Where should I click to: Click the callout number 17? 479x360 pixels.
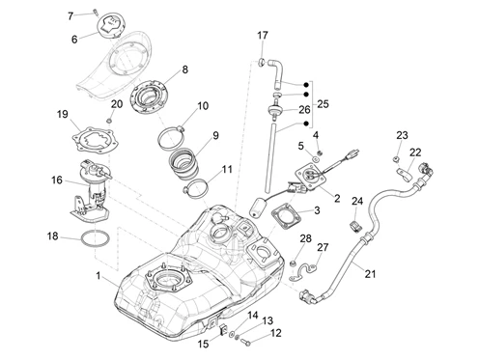tap(263, 36)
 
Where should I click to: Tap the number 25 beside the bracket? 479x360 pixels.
tap(323, 104)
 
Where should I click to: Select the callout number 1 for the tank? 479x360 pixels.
tap(99, 276)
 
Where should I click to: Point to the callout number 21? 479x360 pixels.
tap(370, 274)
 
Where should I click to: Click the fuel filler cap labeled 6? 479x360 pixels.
tap(110, 25)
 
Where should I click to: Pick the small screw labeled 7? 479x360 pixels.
tap(95, 13)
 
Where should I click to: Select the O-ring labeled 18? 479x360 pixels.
tap(96, 238)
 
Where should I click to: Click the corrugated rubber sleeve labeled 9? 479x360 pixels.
tap(183, 164)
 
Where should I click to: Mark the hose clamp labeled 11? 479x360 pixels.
tap(196, 189)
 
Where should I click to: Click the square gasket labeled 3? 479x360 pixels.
tap(286, 218)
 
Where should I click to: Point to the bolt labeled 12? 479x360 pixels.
tap(247, 342)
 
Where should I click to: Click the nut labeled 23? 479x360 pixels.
tap(397, 158)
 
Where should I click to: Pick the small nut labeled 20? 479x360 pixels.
tap(109, 121)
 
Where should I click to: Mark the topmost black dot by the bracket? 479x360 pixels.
tap(306, 85)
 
